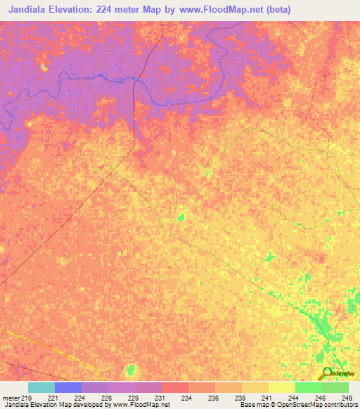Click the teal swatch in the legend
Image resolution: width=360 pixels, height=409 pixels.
coord(41,387)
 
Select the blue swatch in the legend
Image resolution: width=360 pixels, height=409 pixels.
coord(68,387)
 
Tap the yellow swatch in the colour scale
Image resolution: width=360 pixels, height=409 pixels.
coord(281,387)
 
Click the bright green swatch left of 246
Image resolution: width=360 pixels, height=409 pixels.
coord(308,387)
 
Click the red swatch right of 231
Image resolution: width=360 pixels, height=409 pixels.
coord(175,387)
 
